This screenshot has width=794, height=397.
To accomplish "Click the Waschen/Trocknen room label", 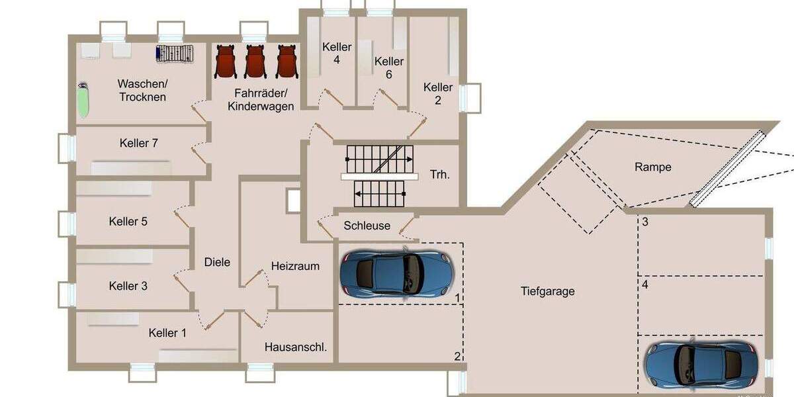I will coord(142,90).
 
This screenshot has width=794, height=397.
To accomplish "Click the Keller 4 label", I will coord(337,53).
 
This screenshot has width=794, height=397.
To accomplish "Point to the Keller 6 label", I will coord(388,67).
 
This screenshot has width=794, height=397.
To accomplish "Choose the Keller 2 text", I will coord(438,93).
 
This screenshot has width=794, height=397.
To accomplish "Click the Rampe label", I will coord(652,167).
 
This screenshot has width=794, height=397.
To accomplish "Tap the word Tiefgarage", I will coord(547,291).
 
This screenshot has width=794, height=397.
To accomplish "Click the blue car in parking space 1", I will coord(396,273).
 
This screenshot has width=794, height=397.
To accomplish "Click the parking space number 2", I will coord(457,356).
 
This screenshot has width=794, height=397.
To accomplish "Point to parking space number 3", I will coord(644,222).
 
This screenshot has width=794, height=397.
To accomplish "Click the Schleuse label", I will coord(367,226).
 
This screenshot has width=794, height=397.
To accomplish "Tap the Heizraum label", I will coord(295,266).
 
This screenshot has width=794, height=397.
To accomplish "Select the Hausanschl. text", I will coord(296,346).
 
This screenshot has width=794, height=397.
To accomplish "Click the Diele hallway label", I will coord(217,262).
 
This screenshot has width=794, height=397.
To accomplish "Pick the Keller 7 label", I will coord(138,143).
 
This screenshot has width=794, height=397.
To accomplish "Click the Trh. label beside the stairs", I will coord(440,175).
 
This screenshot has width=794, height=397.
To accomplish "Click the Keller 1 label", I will coord(167,333).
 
